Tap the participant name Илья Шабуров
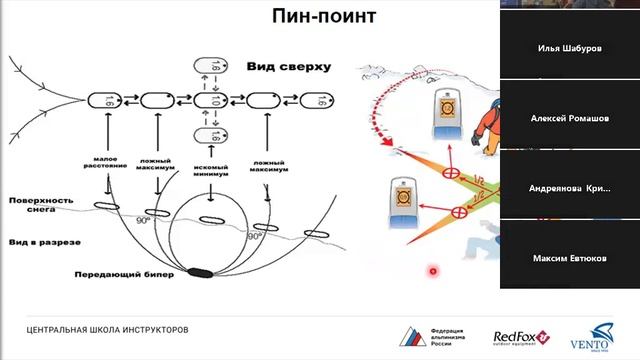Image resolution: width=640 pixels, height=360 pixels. pos(570,47)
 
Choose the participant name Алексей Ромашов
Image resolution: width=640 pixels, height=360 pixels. pos(570,118)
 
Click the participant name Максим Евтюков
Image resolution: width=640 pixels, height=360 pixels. pos(570,259)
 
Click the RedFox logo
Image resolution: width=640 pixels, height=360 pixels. pos(518,339)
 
